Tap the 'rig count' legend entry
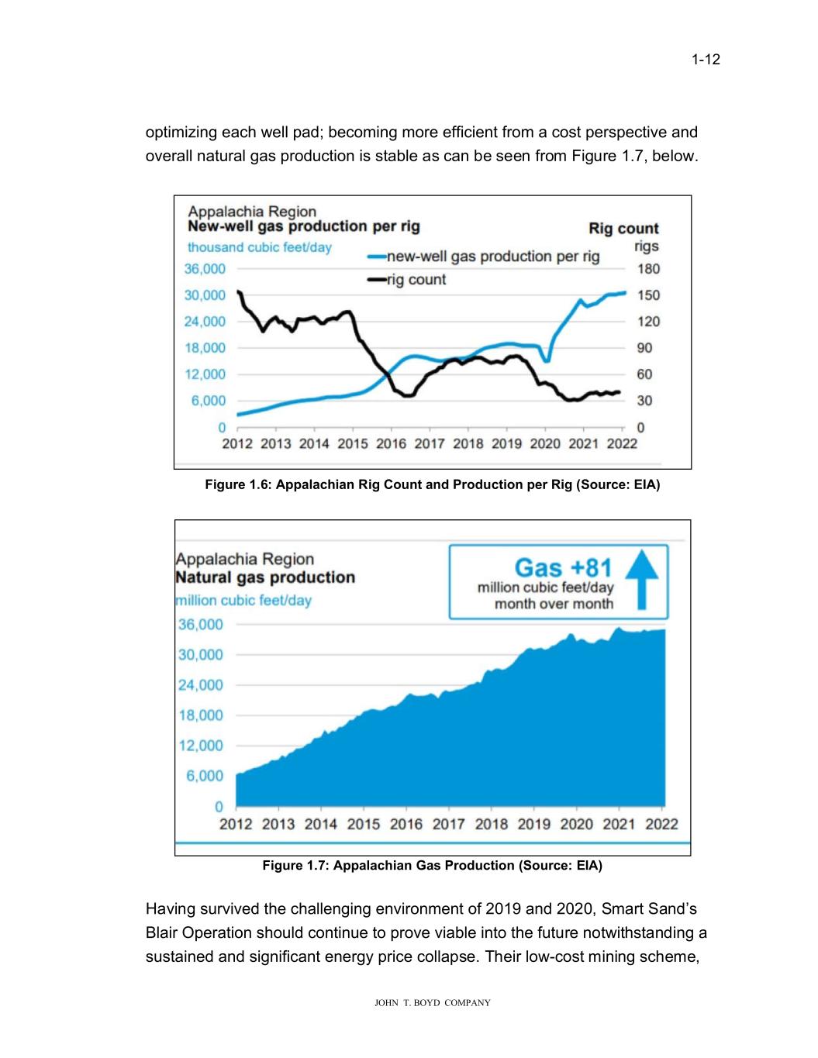point(416,280)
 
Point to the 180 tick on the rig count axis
point(648,269)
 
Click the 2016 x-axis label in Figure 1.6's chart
point(391,443)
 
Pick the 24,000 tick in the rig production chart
point(205,322)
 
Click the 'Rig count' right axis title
point(623,229)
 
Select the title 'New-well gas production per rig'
point(304,226)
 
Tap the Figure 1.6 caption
point(432,485)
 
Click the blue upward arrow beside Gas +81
point(640,579)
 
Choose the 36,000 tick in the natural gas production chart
point(201,625)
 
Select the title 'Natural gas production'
point(265,577)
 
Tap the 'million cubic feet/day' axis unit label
point(244,601)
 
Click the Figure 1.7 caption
point(432,865)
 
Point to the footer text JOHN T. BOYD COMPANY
point(433,1003)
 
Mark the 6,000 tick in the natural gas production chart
point(203,776)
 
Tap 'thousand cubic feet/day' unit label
point(260,247)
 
